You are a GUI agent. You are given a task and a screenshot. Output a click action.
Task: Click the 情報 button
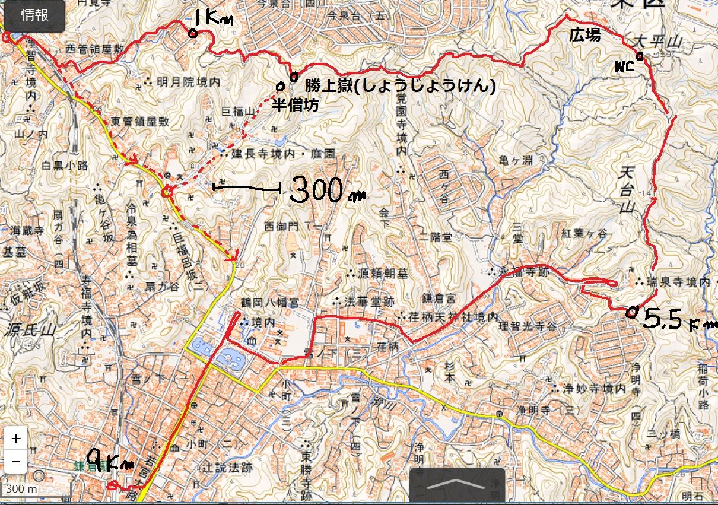coord(34,16)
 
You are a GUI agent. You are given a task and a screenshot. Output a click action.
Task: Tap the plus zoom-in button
coord(16,439)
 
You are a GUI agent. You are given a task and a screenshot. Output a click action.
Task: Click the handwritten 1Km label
coord(212,18)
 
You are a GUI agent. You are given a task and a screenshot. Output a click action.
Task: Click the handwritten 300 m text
coord(326,190)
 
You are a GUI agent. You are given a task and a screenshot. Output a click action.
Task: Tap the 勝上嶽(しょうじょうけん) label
coord(401,85)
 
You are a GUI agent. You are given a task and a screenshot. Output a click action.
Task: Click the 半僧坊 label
coord(295,106)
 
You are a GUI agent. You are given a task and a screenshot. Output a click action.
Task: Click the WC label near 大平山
coord(624,67)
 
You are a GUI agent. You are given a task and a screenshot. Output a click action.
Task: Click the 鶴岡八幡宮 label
coord(270,303)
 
